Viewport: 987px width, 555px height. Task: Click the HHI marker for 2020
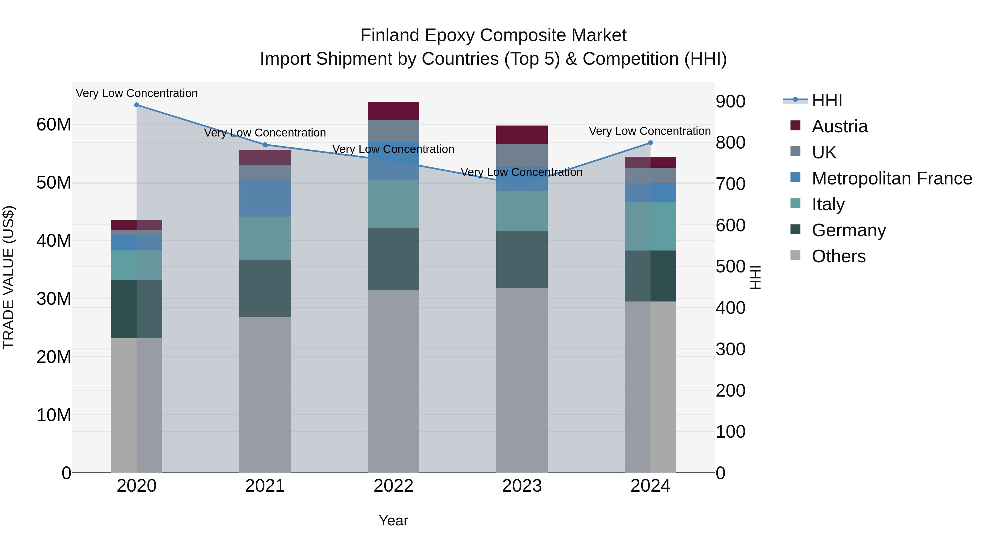(x=137, y=105)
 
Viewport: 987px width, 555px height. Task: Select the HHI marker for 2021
(x=265, y=145)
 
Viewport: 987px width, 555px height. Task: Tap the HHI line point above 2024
(x=650, y=143)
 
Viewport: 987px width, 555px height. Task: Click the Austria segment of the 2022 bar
(x=393, y=111)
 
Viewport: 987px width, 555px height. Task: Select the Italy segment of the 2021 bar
(x=265, y=238)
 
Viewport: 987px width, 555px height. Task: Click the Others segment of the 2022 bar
(x=393, y=381)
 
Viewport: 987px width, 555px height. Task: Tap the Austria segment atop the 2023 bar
(x=521, y=135)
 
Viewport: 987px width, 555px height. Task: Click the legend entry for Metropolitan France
(x=892, y=178)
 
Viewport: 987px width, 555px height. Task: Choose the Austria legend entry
(x=839, y=126)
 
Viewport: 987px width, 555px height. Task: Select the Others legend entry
(x=838, y=256)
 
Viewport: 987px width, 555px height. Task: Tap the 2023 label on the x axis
(x=521, y=486)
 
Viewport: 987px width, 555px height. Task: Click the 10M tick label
(x=54, y=415)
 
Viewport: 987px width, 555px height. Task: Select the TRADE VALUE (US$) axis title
(x=8, y=277)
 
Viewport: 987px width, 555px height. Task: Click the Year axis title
(x=393, y=520)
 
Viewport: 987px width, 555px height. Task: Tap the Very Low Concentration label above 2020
(x=137, y=93)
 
